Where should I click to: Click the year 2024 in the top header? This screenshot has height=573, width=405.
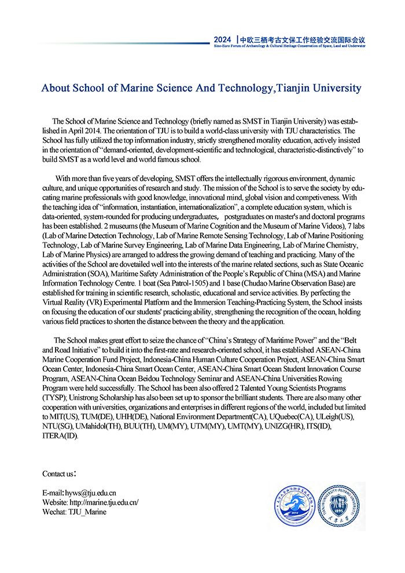coord(222,39)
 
